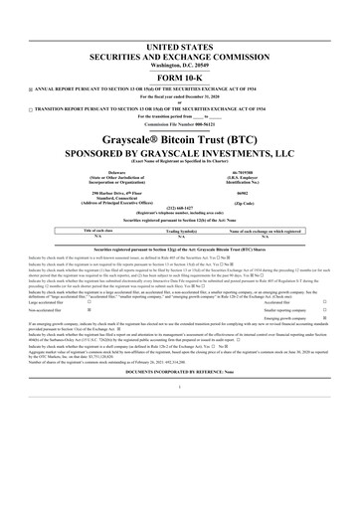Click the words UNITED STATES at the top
coord(180,48)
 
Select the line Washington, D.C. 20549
coord(180,66)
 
